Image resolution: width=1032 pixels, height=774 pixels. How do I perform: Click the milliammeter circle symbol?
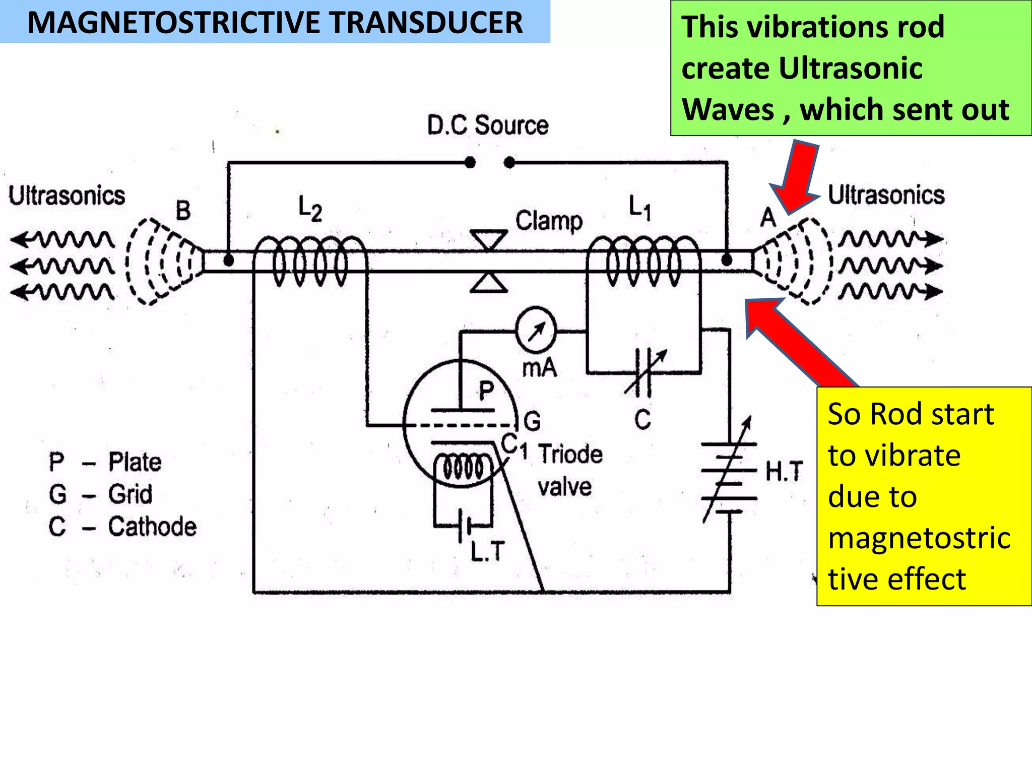[x=536, y=331]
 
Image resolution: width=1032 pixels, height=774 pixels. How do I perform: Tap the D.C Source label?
[x=487, y=125]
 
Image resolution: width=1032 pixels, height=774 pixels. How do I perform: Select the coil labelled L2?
[x=309, y=261]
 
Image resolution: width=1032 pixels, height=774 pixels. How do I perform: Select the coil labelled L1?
[x=643, y=261]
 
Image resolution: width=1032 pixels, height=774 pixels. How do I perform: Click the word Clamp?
[x=549, y=221]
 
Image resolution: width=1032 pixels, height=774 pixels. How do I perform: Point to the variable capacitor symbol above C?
[x=643, y=372]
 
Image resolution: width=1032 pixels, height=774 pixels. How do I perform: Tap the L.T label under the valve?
[x=487, y=551]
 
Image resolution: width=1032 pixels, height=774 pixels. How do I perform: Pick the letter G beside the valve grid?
[x=532, y=421]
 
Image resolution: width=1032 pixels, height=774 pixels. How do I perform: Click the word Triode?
[x=570, y=454]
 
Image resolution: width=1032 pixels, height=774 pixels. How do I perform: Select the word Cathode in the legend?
[x=152, y=527]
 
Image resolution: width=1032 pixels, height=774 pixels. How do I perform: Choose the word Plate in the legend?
[x=135, y=462]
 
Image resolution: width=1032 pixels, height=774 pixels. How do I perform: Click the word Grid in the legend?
[x=130, y=494]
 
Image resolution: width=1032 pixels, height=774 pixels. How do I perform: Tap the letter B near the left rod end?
[x=183, y=210]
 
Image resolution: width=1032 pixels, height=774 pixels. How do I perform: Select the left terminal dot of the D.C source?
[x=470, y=162]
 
